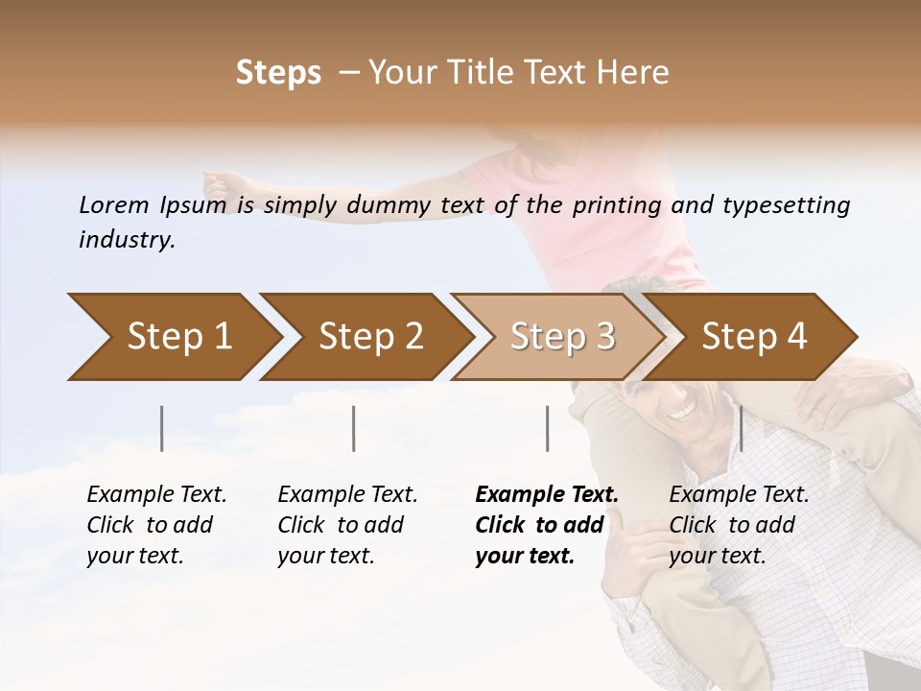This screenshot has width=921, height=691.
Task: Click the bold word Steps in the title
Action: pos(278,73)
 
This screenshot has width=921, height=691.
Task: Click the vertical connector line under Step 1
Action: pos(162,428)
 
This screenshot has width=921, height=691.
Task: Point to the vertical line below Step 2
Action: pos(354,428)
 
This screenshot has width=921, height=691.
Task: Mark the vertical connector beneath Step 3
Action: pos(547,428)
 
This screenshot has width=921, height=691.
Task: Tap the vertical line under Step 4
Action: pos(741,428)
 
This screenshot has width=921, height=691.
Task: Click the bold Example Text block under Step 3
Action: pos(546,525)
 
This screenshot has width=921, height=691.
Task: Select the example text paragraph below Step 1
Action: pos(156,525)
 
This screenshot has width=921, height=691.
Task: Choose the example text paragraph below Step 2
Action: pos(347,525)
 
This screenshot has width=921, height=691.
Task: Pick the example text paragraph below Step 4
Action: pos(739,525)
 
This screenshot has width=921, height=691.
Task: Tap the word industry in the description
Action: pos(127,240)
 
